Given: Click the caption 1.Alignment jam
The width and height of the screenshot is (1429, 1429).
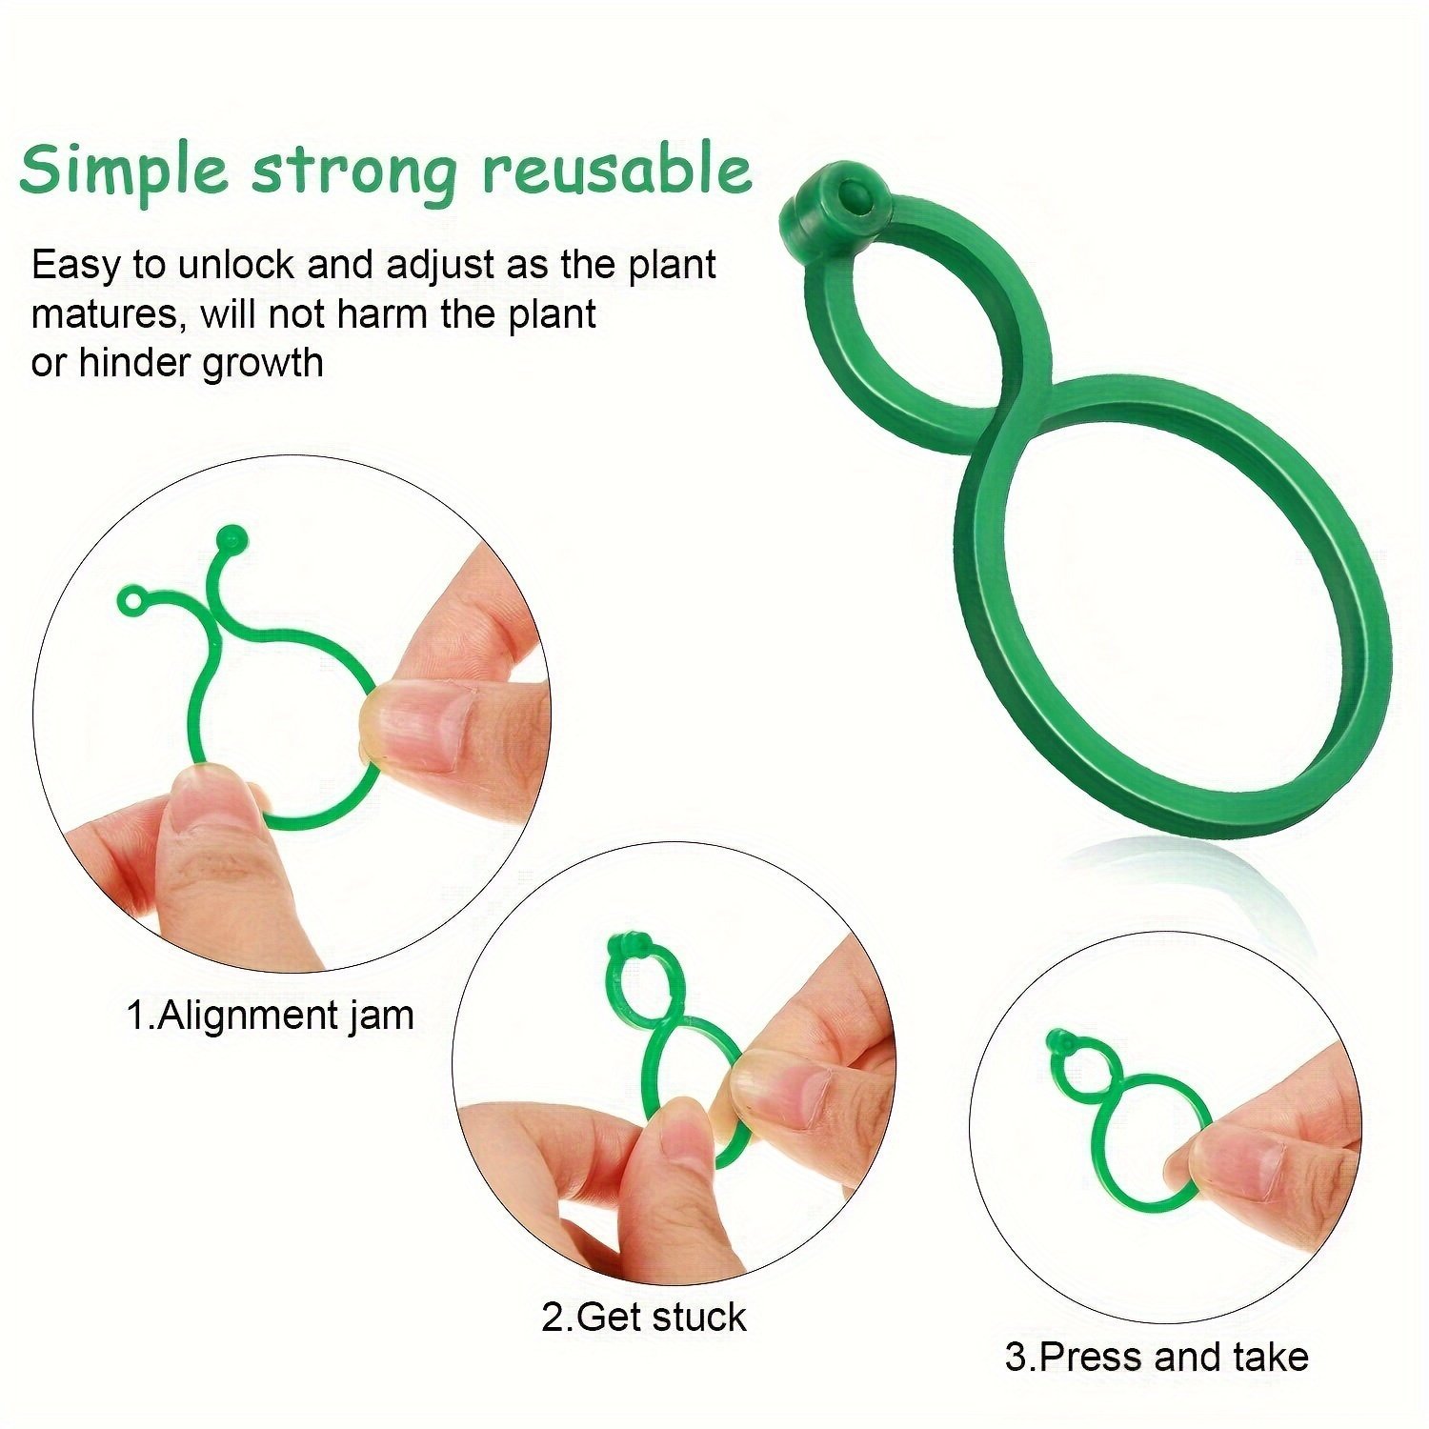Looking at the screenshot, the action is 271,1015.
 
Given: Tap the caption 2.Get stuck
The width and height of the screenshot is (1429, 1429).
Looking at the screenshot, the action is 644,1318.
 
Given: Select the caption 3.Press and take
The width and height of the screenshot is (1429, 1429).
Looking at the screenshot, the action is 1157,1356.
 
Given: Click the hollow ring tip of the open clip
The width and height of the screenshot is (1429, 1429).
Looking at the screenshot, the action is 132,601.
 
